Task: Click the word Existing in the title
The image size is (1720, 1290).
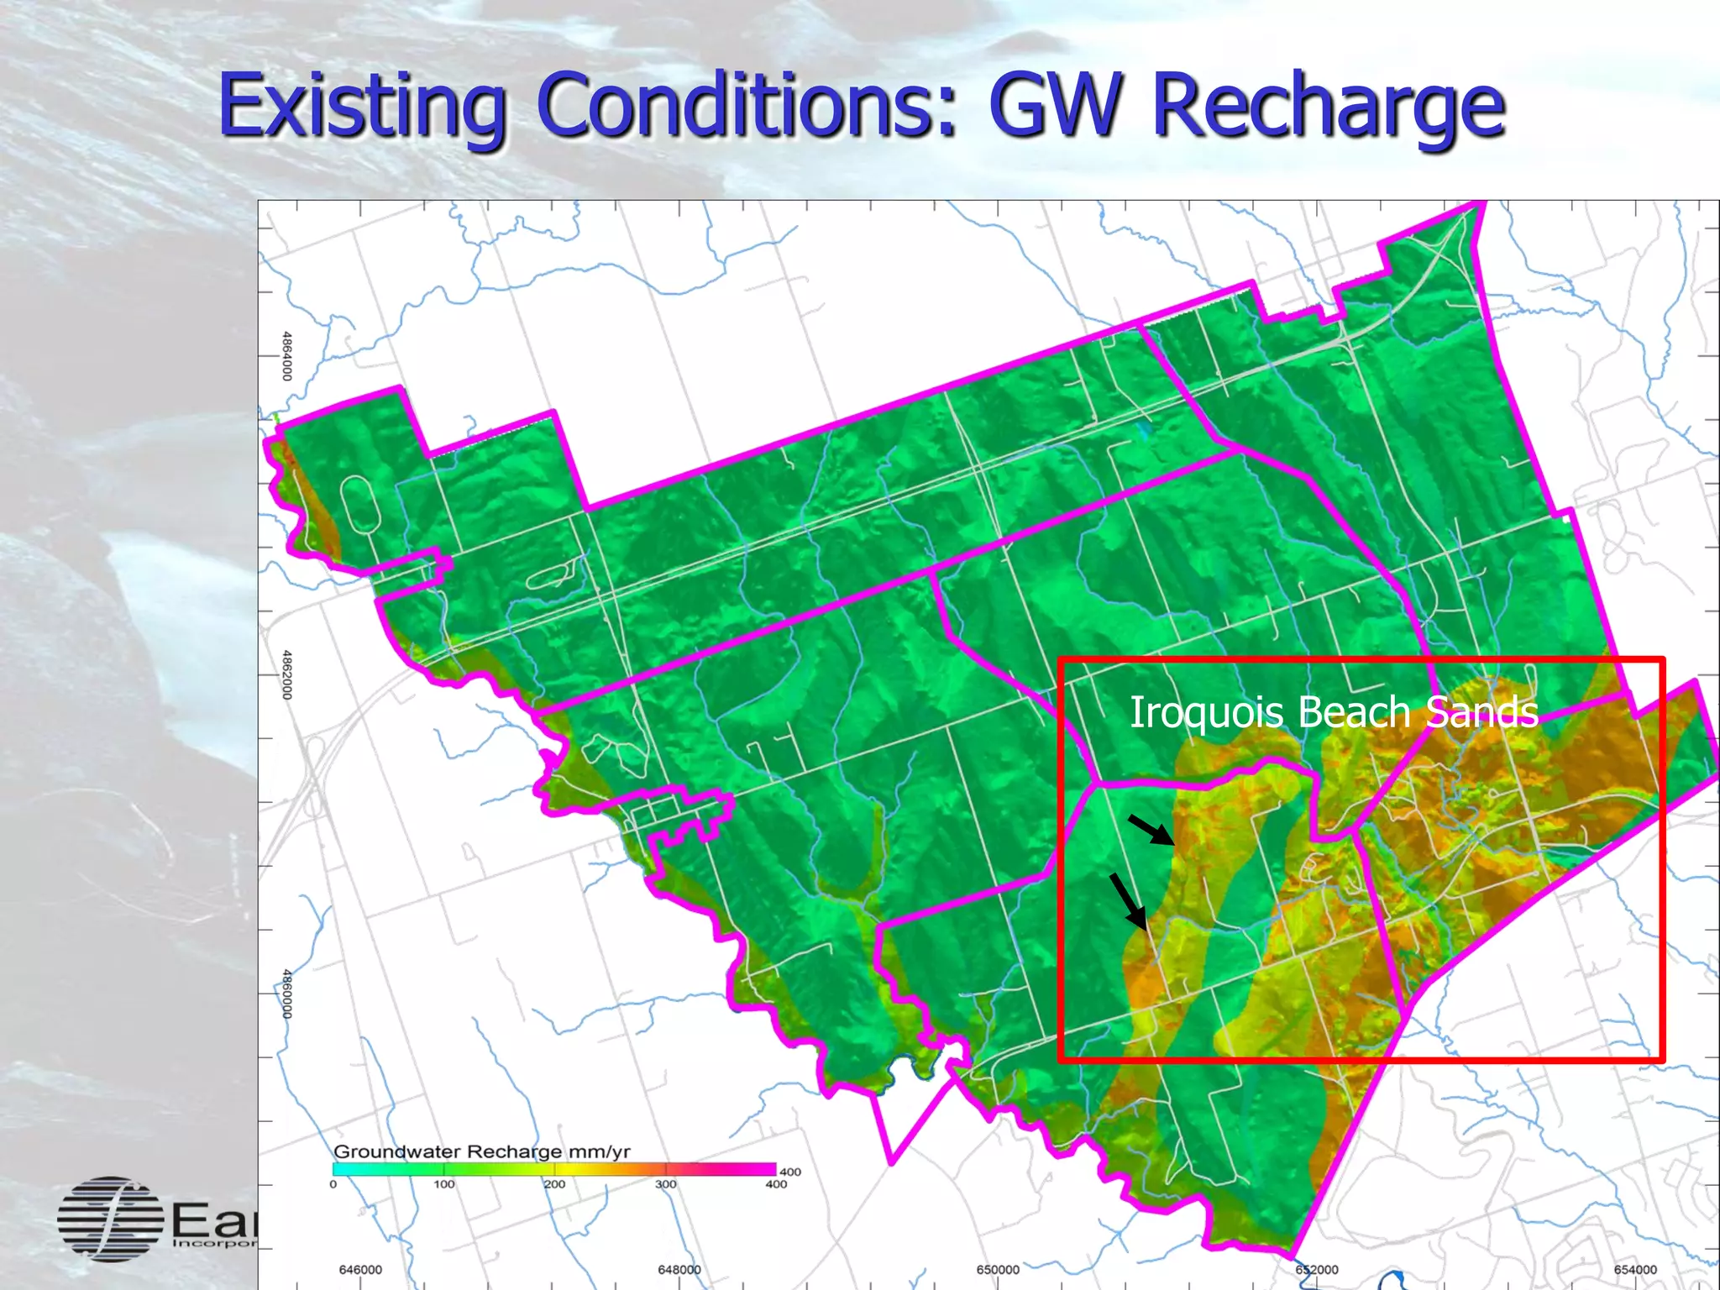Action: tap(361, 107)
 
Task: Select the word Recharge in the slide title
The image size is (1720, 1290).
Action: tap(1328, 107)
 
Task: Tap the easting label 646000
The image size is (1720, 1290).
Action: tap(360, 1270)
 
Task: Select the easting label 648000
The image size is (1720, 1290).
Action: tap(679, 1270)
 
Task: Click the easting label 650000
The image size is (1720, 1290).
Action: tap(998, 1270)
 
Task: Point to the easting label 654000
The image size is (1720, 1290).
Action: tap(1635, 1270)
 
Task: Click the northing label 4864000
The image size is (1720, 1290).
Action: tap(287, 356)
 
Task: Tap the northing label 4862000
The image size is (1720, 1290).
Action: tap(287, 674)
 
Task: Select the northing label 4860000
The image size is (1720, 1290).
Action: tap(287, 994)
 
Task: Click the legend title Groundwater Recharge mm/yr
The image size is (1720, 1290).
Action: tap(482, 1151)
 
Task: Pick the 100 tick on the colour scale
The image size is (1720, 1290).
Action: tap(444, 1184)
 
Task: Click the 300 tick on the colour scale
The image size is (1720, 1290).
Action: tap(666, 1184)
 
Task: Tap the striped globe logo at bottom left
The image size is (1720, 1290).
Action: tap(110, 1219)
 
